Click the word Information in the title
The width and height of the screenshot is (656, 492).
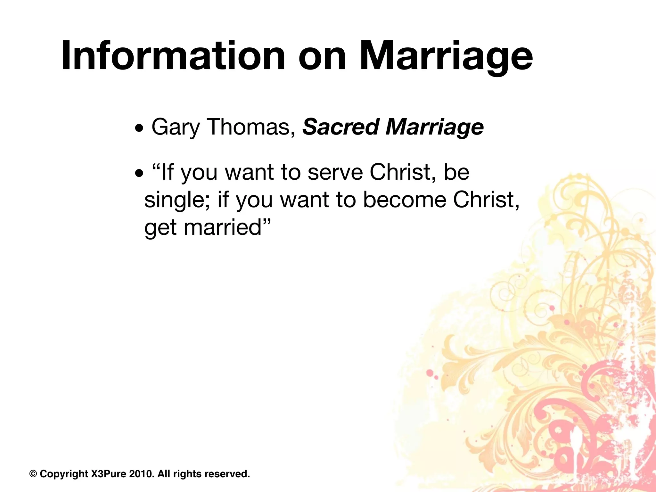(x=173, y=56)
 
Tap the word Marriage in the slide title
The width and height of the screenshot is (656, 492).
(x=446, y=56)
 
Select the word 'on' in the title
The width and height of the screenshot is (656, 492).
(x=322, y=56)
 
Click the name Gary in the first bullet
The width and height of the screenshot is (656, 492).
(x=175, y=127)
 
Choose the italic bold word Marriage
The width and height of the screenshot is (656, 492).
(x=435, y=127)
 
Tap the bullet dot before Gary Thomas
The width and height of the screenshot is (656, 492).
(x=139, y=130)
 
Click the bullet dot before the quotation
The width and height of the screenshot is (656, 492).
(x=139, y=175)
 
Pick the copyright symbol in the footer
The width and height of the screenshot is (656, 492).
(x=33, y=474)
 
